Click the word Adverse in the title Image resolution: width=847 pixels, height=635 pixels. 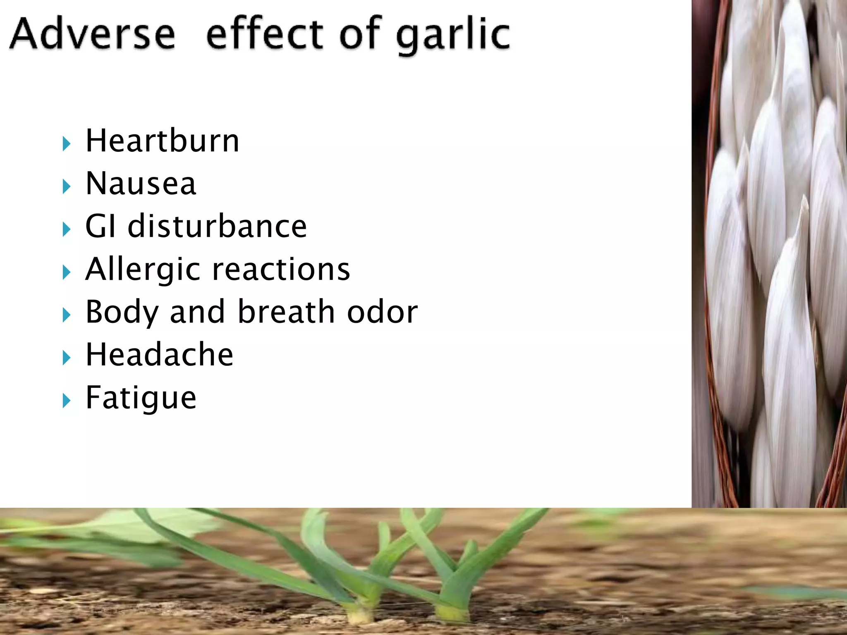(93, 34)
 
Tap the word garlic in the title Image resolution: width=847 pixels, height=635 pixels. (453, 36)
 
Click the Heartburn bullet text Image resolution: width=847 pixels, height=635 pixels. (162, 141)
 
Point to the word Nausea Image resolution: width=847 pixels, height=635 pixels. (141, 184)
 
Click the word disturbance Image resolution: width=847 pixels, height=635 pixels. (217, 227)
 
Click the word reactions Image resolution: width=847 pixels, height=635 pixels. (281, 270)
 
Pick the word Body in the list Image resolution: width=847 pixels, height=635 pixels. (122, 313)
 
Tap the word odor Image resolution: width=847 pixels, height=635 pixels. (383, 313)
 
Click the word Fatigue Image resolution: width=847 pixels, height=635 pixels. (141, 398)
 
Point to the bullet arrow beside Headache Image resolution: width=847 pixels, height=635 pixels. (66, 358)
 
